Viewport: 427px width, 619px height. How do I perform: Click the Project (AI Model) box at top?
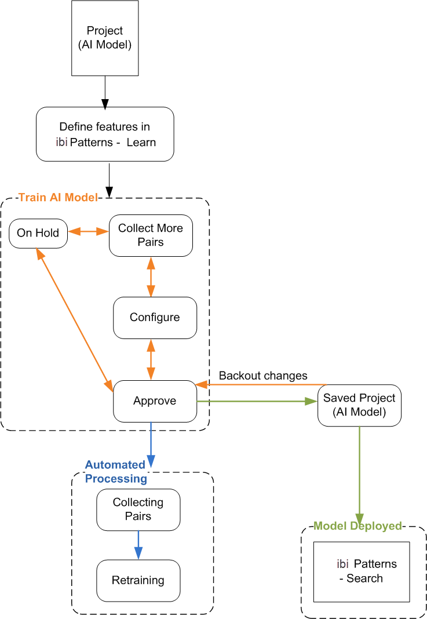(x=105, y=38)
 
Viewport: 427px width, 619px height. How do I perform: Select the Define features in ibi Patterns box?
(x=105, y=134)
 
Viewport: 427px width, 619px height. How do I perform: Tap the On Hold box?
(x=38, y=233)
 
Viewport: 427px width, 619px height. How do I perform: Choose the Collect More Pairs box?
(x=151, y=235)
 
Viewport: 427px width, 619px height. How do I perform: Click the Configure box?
(x=155, y=318)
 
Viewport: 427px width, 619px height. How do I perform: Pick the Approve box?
(x=155, y=401)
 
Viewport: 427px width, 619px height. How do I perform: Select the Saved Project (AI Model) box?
(x=359, y=405)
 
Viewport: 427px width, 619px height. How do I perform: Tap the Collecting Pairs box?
(x=138, y=509)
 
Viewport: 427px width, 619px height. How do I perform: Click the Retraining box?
(x=138, y=580)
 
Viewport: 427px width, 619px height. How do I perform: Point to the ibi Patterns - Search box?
(x=362, y=571)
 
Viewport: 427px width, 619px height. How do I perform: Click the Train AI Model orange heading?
(x=58, y=198)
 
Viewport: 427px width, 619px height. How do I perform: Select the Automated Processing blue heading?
(x=115, y=472)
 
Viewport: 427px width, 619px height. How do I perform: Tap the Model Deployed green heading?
(x=357, y=526)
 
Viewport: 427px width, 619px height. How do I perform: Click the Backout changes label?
(x=263, y=376)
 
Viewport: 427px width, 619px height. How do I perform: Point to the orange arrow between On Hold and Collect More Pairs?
(x=88, y=232)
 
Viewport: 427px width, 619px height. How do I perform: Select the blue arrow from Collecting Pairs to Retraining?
(x=138, y=545)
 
